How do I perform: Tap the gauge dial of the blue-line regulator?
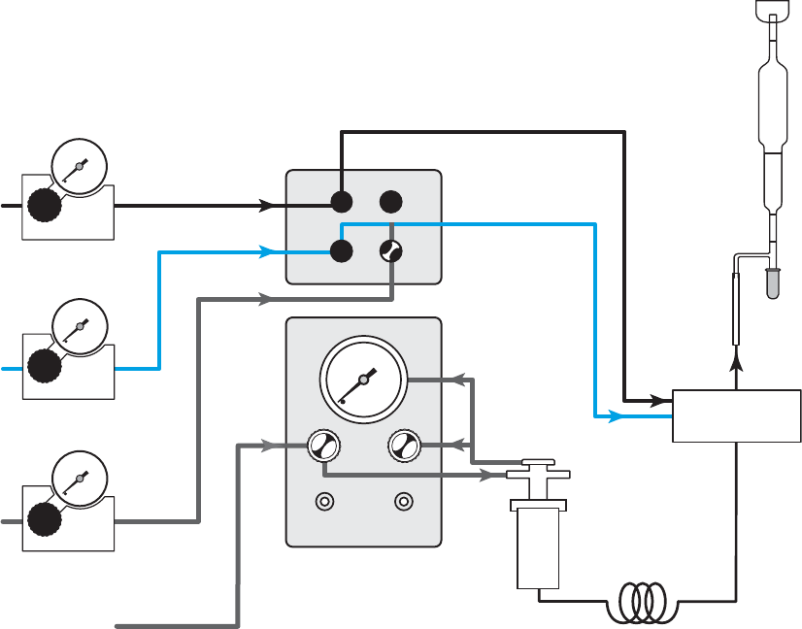[78, 328]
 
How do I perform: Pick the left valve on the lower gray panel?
[322, 447]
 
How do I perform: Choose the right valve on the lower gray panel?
[403, 447]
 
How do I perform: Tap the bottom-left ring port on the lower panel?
[323, 502]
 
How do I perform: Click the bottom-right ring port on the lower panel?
[403, 502]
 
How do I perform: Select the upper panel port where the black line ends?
[342, 202]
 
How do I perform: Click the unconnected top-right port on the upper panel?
[390, 202]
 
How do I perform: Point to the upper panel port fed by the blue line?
[342, 250]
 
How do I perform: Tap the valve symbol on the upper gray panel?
[390, 250]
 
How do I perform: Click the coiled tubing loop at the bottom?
[637, 601]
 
